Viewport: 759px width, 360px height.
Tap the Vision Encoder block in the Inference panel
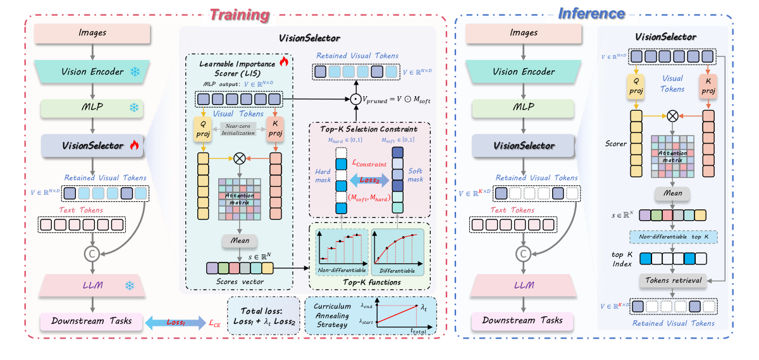(522, 71)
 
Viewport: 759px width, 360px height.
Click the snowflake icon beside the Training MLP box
(135, 108)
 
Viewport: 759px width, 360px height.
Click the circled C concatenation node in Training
(92, 255)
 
